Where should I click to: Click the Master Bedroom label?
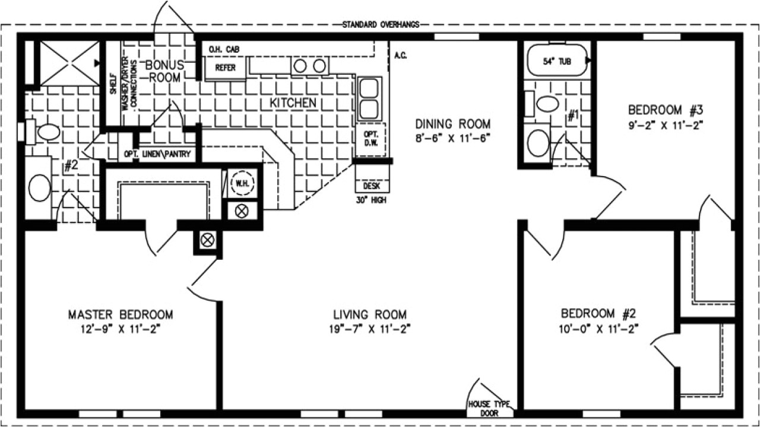(121, 314)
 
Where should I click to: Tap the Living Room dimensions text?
(369, 328)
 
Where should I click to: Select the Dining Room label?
(452, 124)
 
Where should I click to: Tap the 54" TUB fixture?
(557, 61)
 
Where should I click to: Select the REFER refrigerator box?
(225, 68)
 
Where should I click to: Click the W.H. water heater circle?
(242, 183)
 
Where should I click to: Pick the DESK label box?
(372, 186)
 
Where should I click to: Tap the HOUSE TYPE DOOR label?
(490, 409)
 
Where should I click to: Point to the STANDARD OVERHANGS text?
(381, 24)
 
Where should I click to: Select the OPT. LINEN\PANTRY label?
(157, 154)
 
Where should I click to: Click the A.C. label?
(400, 56)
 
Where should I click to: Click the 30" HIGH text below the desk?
(372, 200)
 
